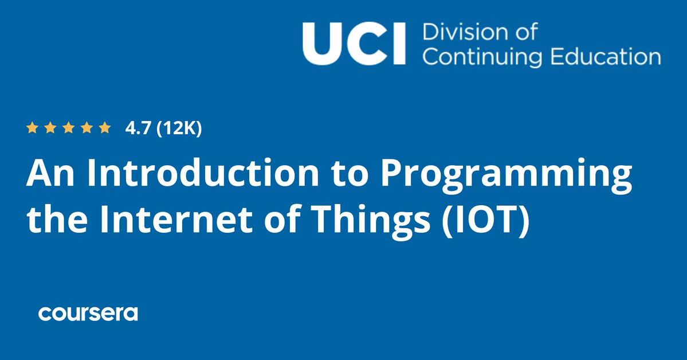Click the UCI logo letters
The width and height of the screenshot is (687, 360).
(x=353, y=44)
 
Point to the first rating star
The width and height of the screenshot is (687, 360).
(x=32, y=128)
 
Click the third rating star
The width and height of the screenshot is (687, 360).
(x=68, y=128)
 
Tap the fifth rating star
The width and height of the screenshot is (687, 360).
(x=104, y=128)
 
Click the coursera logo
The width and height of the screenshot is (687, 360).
(x=88, y=313)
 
